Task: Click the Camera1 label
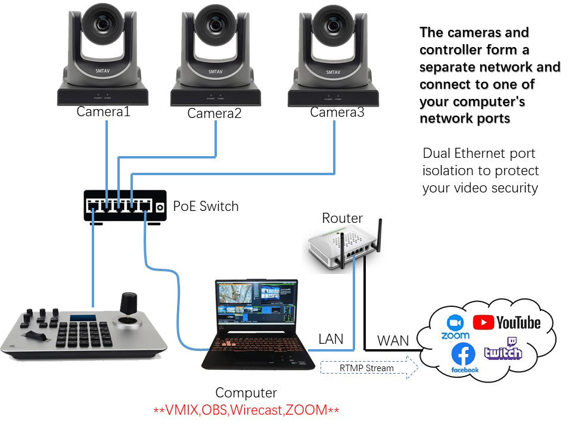pyautogui.click(x=103, y=111)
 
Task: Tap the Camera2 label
pyautogui.click(x=214, y=113)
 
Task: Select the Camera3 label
pyautogui.click(x=337, y=112)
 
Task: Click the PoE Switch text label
pyautogui.click(x=206, y=207)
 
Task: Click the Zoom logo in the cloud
pyautogui.click(x=455, y=327)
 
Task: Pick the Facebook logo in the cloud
pyautogui.click(x=464, y=357)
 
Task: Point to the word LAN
pyautogui.click(x=331, y=339)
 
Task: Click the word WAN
pyautogui.click(x=393, y=341)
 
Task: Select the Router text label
pyautogui.click(x=342, y=218)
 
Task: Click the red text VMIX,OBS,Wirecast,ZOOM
pyautogui.click(x=247, y=411)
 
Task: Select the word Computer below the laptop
pyautogui.click(x=246, y=393)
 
